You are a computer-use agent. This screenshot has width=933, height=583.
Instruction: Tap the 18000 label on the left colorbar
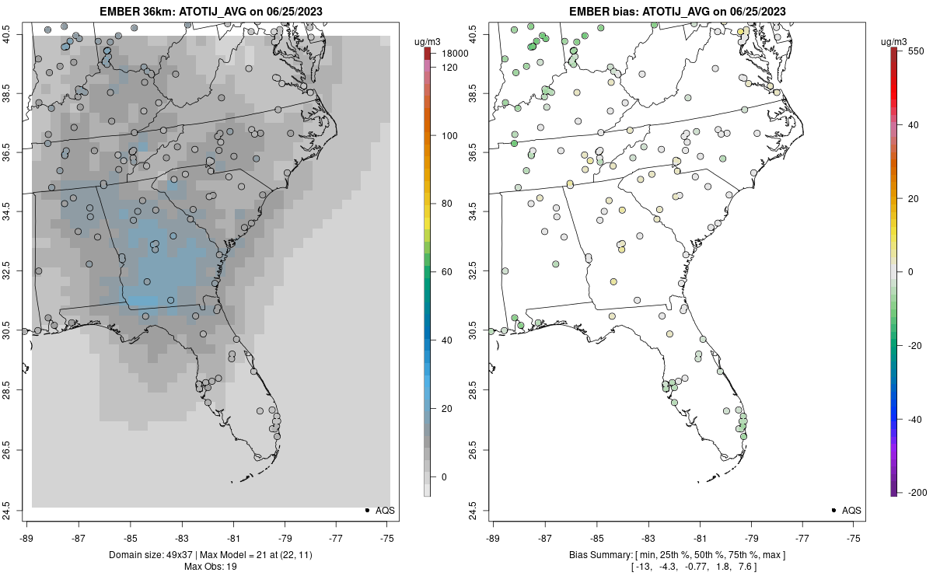(455, 54)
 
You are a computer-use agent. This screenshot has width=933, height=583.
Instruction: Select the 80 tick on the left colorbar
(447, 204)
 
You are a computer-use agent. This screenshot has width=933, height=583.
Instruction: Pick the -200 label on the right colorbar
(916, 492)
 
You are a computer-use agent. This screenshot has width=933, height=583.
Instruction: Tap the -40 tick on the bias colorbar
(914, 419)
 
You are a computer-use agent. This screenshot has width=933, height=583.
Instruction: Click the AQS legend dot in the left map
(366, 510)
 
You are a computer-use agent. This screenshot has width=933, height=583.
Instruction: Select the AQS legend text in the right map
(851, 511)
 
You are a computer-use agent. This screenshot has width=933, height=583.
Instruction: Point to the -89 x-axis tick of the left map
(27, 537)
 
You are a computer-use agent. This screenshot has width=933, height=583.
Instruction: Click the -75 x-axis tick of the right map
(854, 537)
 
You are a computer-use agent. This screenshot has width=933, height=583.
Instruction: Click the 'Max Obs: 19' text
(210, 567)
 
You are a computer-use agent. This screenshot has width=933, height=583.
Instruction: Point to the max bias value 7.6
(746, 567)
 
